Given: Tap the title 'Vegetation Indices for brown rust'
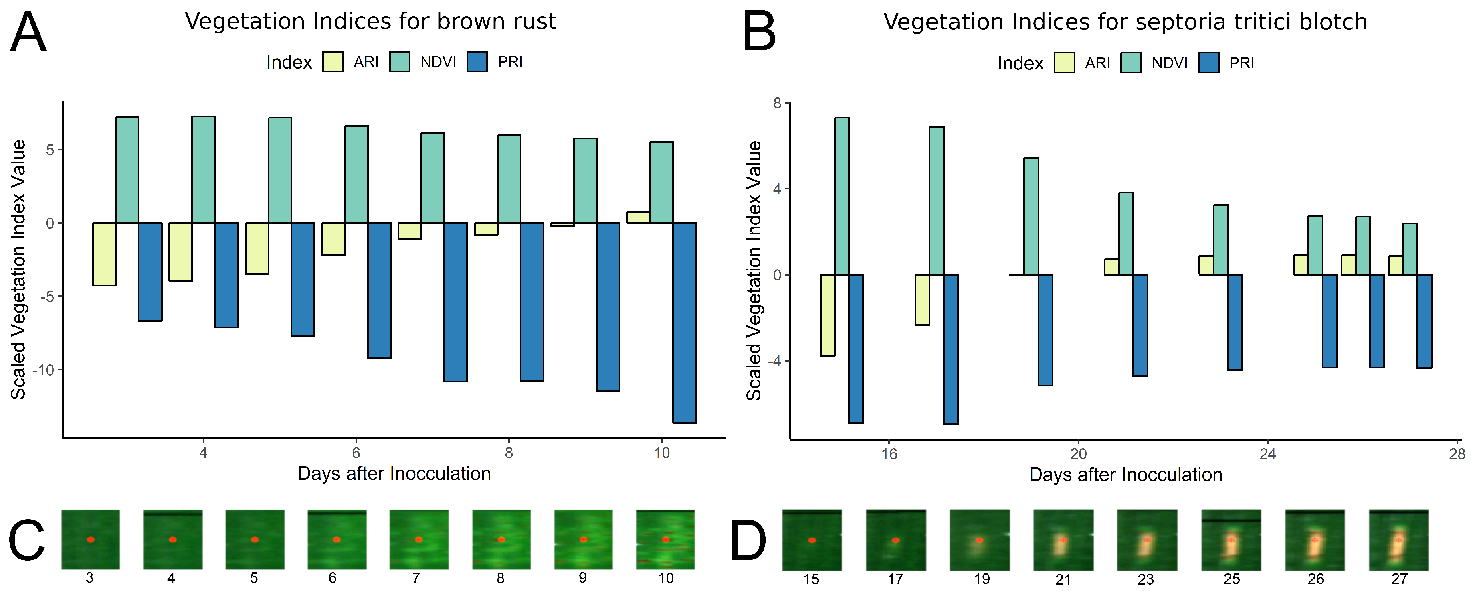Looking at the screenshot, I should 370,22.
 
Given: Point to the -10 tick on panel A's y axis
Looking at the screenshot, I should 43,370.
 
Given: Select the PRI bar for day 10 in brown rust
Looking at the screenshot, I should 684,323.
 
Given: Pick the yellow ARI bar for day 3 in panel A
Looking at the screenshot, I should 105,254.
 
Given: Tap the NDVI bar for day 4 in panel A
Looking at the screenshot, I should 203,170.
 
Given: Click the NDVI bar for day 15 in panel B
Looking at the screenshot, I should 842,196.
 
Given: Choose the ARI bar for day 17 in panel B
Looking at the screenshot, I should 922,299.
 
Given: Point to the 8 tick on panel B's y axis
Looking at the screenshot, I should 777,104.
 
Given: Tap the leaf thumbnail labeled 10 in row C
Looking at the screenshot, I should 665,539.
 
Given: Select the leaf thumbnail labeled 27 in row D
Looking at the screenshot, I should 1398,540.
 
